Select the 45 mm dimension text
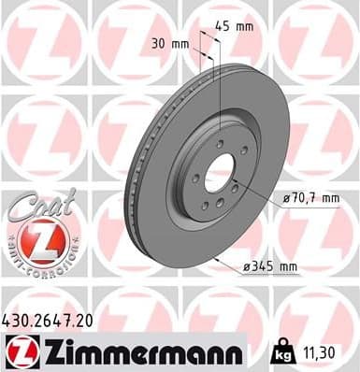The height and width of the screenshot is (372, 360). click(234, 26)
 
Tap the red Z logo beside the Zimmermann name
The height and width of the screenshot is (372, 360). click(21, 352)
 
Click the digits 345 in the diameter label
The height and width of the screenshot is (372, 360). click(264, 267)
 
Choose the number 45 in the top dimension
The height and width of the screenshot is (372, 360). click(223, 26)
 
